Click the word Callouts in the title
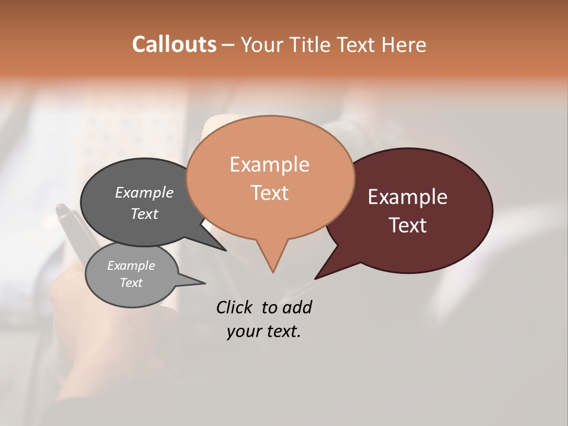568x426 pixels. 174,44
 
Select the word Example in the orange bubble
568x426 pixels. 269,164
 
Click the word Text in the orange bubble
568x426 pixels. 269,192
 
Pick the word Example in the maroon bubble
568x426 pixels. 408,197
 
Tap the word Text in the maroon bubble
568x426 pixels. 408,225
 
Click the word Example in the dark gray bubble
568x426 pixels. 144,192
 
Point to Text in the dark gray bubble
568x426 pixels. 144,214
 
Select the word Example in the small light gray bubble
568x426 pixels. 131,266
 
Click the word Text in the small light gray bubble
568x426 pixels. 131,283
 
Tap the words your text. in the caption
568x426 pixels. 263,332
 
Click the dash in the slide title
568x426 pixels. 228,45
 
